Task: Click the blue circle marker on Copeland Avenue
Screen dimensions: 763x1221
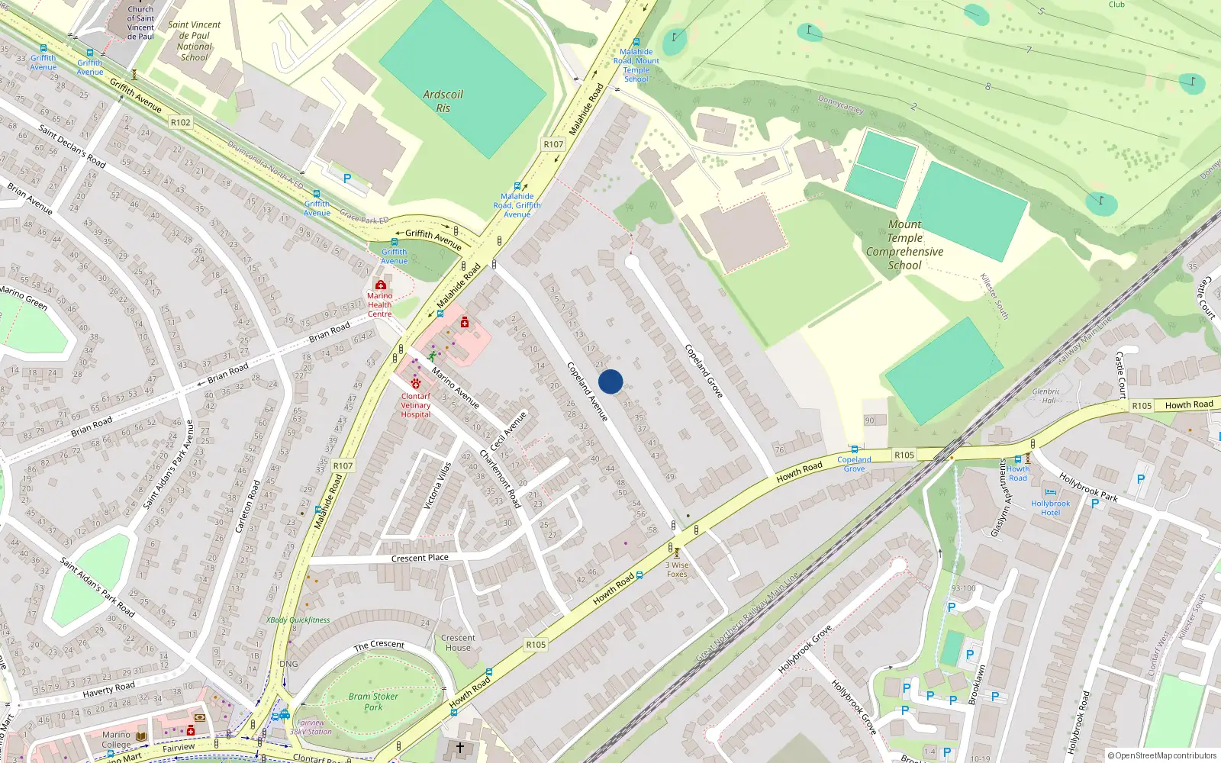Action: (610, 381)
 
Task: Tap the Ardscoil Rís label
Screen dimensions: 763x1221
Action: (443, 101)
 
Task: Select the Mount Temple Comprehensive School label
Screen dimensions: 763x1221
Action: (904, 244)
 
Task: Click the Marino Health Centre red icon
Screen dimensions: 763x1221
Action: (379, 285)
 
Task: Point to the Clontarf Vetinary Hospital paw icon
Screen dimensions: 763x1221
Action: (416, 384)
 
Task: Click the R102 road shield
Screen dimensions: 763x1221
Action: (181, 122)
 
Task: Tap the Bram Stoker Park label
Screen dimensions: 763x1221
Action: (373, 701)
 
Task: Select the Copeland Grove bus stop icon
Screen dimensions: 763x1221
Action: (855, 449)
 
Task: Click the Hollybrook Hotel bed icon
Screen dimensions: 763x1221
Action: (1051, 494)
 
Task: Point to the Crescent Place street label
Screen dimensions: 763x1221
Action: (420, 558)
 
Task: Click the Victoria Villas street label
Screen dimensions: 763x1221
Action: (437, 485)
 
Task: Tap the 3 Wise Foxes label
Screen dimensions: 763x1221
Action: (677, 569)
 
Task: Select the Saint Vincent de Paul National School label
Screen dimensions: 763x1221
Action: (194, 40)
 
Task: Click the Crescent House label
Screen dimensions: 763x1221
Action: (458, 642)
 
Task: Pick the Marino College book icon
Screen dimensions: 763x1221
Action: (141, 736)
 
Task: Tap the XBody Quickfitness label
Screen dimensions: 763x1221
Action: (298, 620)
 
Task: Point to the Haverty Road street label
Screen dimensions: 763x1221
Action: (108, 689)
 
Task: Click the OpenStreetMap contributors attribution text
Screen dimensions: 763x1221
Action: (1165, 755)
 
